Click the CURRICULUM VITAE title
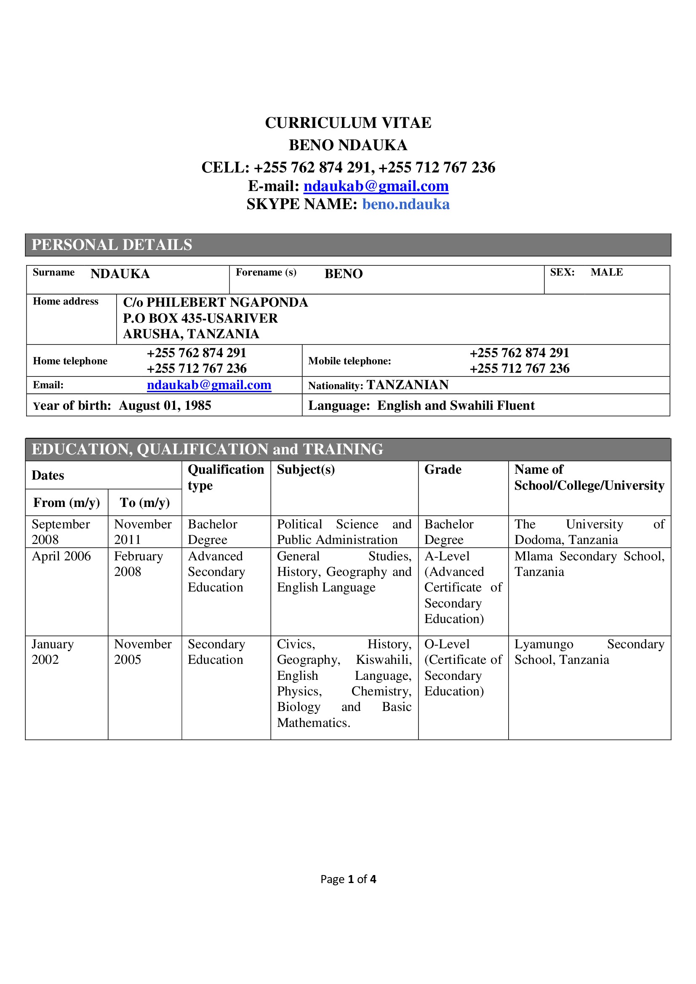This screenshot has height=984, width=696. [348, 123]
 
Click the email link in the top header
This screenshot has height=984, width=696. [376, 186]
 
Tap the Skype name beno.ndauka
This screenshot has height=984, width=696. [405, 204]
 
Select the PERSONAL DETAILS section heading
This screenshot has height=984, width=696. [112, 245]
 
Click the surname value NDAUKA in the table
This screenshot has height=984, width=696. [120, 274]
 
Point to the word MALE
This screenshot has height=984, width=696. [606, 272]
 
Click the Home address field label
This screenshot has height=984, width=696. [66, 301]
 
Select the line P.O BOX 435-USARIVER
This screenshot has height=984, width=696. [200, 318]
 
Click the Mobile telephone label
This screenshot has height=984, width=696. [349, 361]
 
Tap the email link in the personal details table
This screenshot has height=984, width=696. [209, 385]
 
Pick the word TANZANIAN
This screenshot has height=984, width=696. [408, 385]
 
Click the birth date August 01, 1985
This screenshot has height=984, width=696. [165, 406]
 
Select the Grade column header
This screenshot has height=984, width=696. [443, 470]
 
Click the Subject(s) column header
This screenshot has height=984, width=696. [306, 470]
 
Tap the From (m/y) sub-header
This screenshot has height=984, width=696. [67, 502]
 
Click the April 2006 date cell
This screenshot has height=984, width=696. [61, 556]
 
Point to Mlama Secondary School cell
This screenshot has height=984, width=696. [589, 564]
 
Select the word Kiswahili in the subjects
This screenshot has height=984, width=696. [384, 660]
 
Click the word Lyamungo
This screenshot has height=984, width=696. [544, 644]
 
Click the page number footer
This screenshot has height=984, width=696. [348, 879]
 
